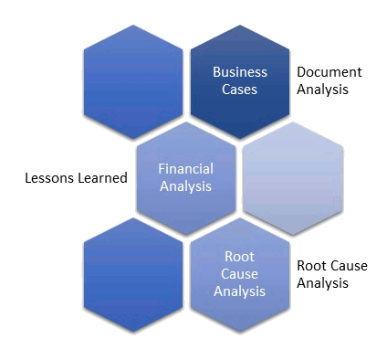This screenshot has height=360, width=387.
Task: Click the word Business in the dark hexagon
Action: point(240,72)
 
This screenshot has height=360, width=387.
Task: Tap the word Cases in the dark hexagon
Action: point(240,90)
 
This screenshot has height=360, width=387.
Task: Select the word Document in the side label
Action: point(329,72)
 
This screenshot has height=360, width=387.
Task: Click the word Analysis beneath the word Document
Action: point(323,90)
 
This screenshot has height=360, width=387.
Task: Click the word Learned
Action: point(100,178)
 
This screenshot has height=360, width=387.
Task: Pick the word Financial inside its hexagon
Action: point(186,169)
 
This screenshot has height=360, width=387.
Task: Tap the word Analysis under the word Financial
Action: point(186,186)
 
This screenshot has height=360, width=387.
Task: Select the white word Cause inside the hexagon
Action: point(239,274)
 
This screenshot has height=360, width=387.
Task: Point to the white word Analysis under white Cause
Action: point(239,291)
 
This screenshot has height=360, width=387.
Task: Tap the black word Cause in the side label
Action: point(350,266)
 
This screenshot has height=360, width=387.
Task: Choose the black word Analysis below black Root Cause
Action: point(323,283)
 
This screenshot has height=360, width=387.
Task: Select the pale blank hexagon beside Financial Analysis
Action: point(294,178)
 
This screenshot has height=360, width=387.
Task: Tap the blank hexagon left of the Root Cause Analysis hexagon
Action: point(133,274)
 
